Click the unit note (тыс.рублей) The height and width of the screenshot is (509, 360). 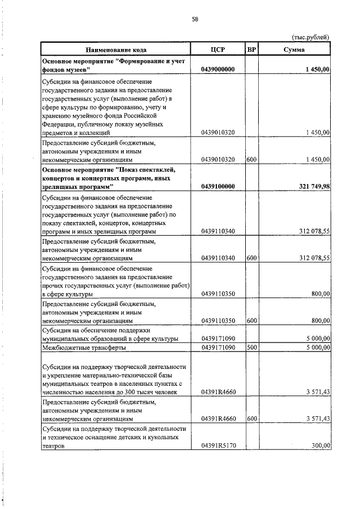[x=310, y=37]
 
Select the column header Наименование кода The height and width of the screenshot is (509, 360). [x=115, y=49]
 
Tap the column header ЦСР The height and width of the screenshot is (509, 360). [x=218, y=49]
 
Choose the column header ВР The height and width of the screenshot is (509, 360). [x=252, y=49]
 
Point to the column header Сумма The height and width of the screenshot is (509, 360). [x=294, y=49]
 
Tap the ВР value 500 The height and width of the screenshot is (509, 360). [x=251, y=348]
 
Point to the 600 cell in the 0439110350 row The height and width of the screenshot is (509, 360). [x=251, y=321]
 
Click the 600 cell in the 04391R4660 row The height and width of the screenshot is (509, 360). [x=251, y=418]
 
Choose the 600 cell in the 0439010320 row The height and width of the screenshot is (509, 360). [x=251, y=160]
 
